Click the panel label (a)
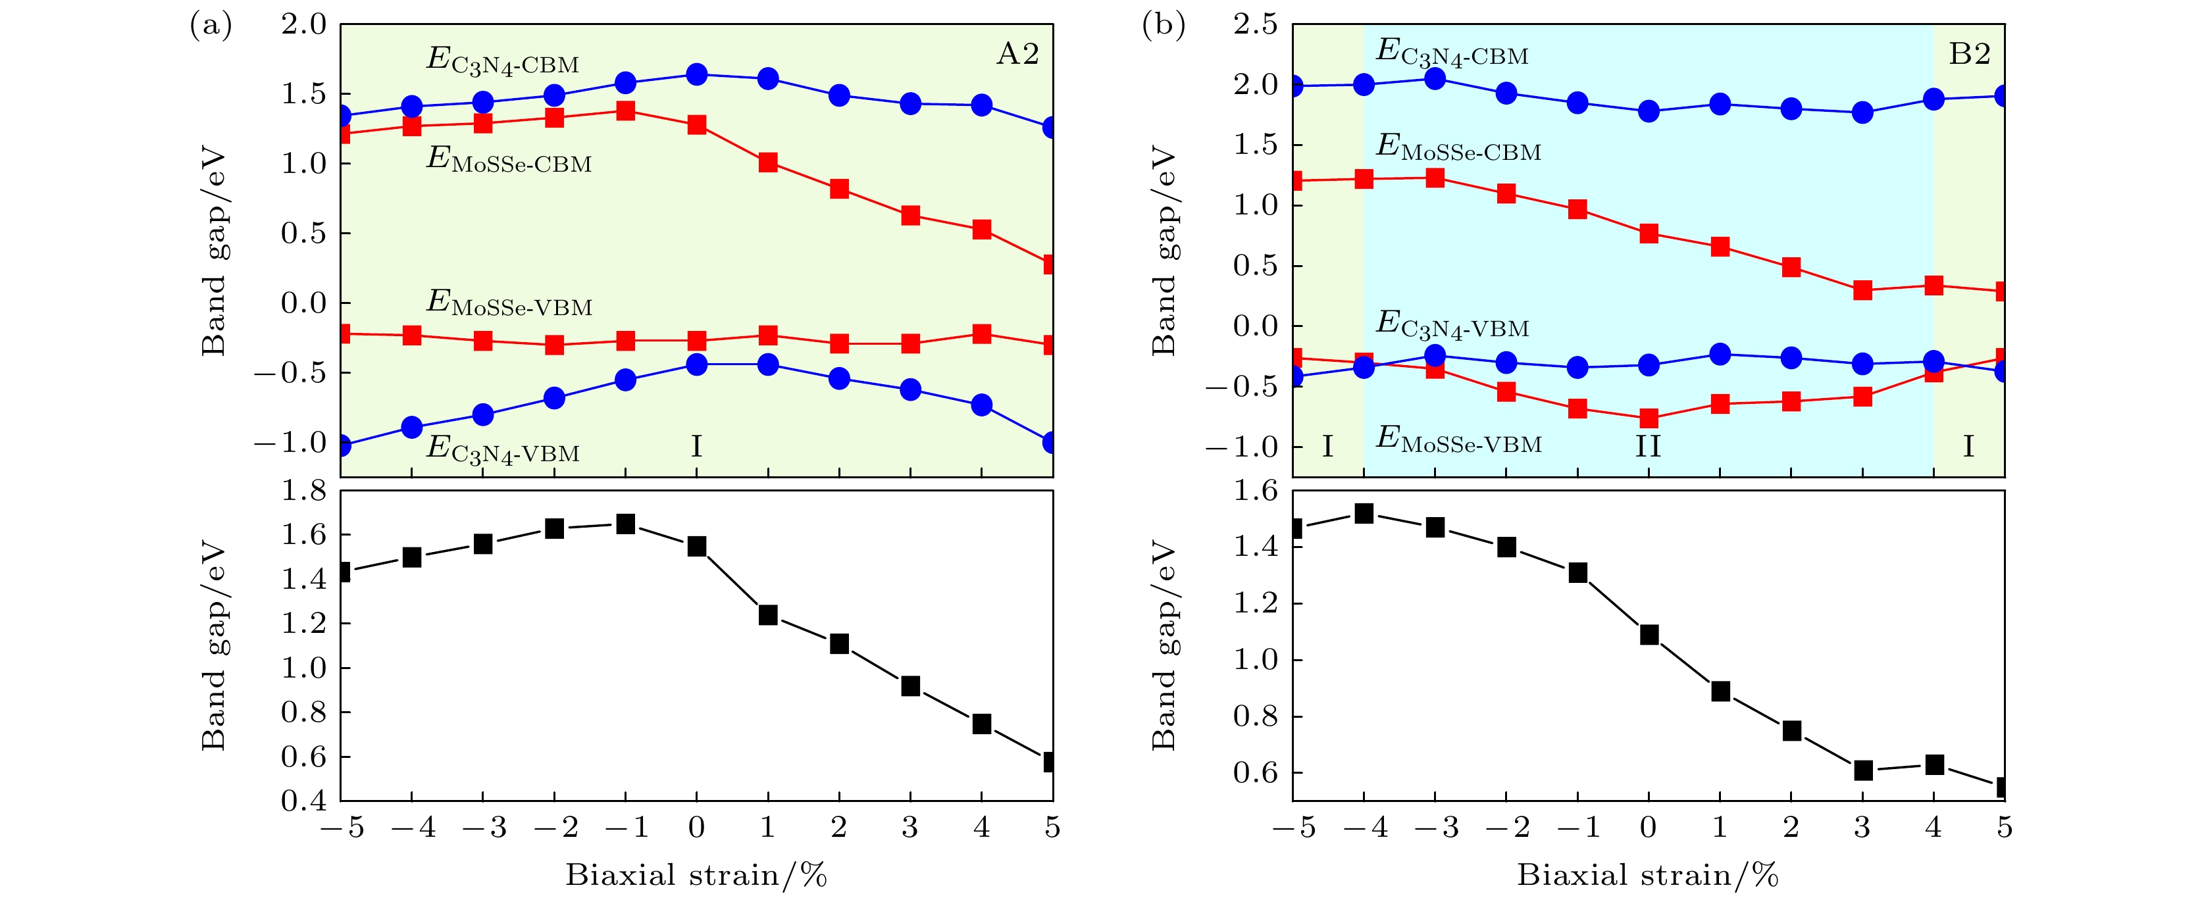pyautogui.click(x=211, y=26)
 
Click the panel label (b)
pyautogui.click(x=1164, y=26)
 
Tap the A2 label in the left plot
pyautogui.click(x=1017, y=54)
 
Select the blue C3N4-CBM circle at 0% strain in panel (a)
pyautogui.click(x=697, y=74)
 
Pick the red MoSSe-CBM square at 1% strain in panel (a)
pyautogui.click(x=767, y=162)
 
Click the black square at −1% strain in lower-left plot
pyautogui.click(x=626, y=524)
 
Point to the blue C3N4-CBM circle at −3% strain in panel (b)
pyautogui.click(x=1435, y=79)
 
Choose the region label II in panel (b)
pyautogui.click(x=1647, y=446)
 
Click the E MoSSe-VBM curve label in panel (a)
pyautogui.click(x=509, y=303)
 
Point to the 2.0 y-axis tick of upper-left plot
pyautogui.click(x=304, y=25)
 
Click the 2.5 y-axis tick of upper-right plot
pyautogui.click(x=1255, y=25)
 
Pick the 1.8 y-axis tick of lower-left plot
pyautogui.click(x=304, y=491)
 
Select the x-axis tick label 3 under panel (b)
pyautogui.click(x=1862, y=828)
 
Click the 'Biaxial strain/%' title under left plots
pyautogui.click(x=696, y=875)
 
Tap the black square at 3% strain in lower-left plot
pyautogui.click(x=910, y=686)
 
